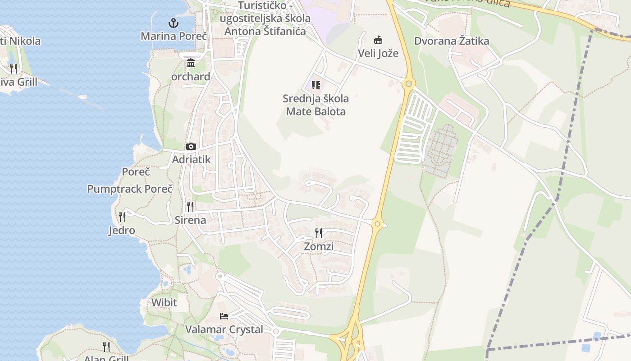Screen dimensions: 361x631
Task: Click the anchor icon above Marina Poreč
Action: (x=173, y=23)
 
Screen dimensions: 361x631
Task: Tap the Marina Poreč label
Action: (x=174, y=36)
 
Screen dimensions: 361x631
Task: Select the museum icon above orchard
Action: (x=191, y=63)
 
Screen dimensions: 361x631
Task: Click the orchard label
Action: (x=191, y=77)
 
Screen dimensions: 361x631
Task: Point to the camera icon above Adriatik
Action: (x=191, y=146)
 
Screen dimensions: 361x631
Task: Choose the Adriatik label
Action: (x=192, y=160)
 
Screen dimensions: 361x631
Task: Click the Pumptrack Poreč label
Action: (x=130, y=189)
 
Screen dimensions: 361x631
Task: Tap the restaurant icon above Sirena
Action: (x=190, y=207)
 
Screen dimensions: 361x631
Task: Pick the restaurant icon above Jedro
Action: (x=122, y=217)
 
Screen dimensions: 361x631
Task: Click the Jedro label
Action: (x=122, y=231)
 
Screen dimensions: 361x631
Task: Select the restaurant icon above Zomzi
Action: (x=319, y=233)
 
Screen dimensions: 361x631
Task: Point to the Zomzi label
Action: (x=319, y=246)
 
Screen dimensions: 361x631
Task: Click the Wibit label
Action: (x=164, y=302)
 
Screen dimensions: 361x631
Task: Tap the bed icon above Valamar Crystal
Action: (x=224, y=316)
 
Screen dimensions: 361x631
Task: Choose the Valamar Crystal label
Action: (x=224, y=329)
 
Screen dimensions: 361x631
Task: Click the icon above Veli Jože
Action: (x=378, y=40)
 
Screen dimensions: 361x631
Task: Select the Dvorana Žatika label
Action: (x=452, y=41)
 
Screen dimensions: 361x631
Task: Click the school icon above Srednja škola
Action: (x=316, y=85)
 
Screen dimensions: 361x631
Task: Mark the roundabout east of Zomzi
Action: (x=377, y=223)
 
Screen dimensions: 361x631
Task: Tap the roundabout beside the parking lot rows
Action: (x=409, y=83)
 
